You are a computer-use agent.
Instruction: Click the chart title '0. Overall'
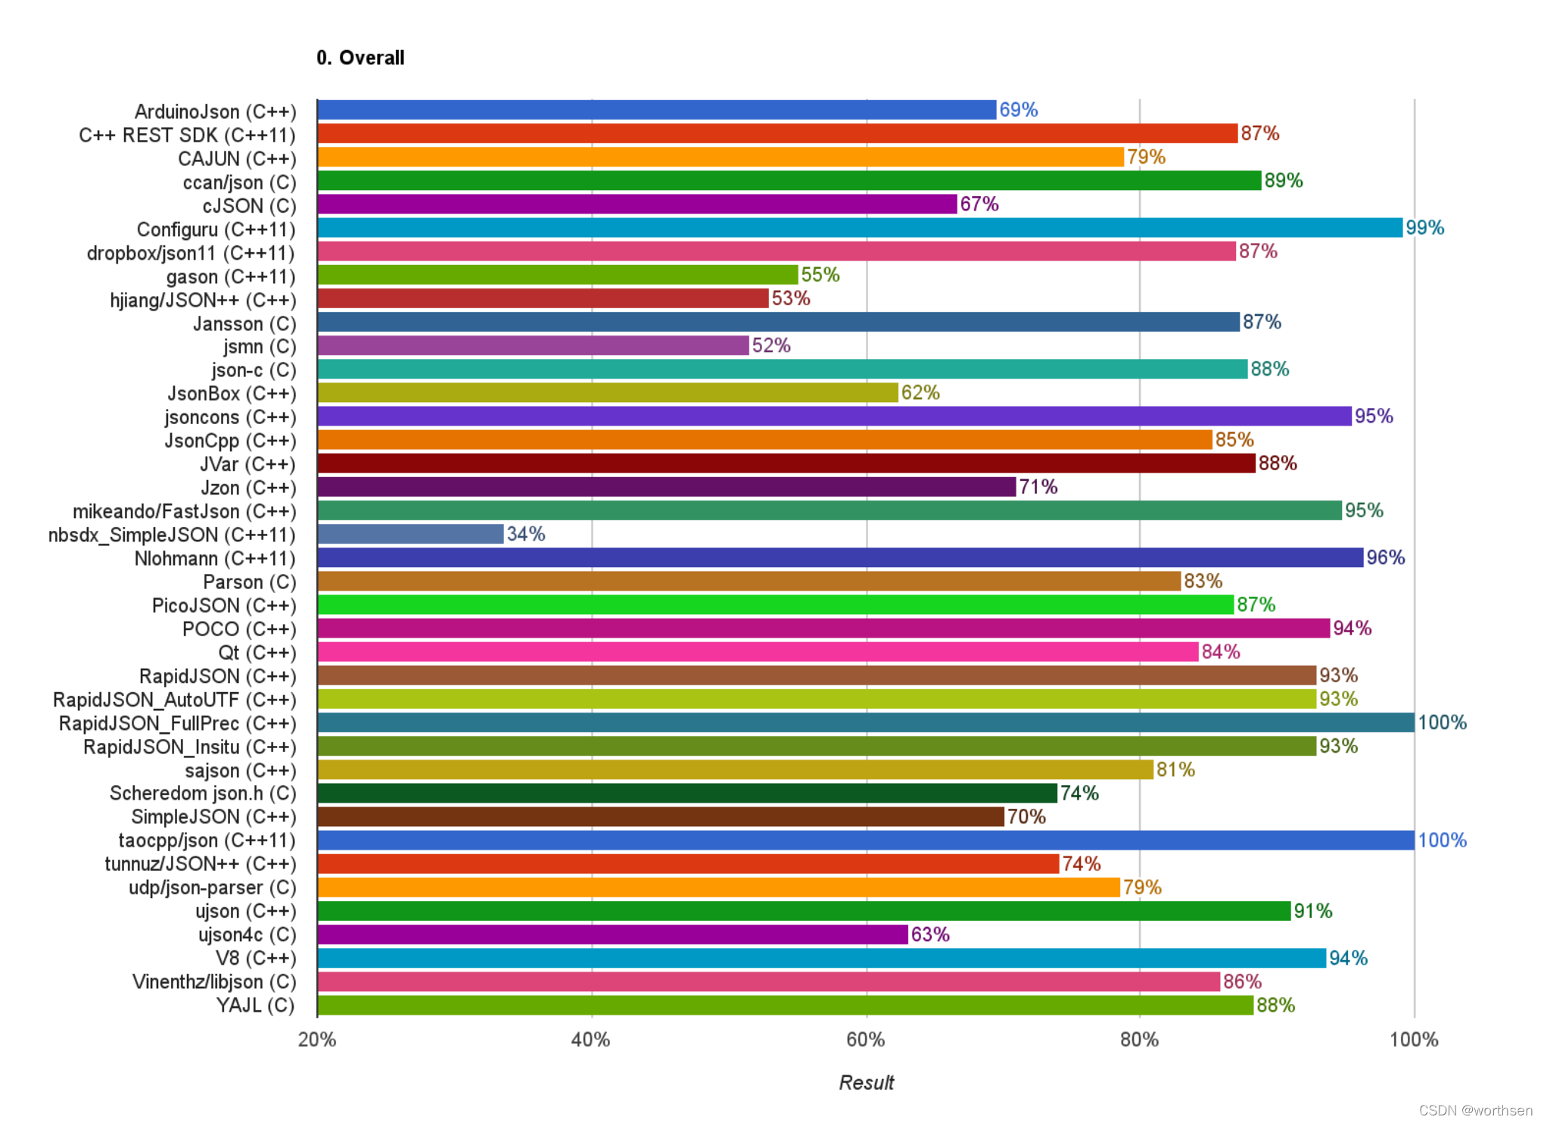360,58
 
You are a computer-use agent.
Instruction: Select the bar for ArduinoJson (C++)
656,110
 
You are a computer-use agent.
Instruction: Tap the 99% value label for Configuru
1424,227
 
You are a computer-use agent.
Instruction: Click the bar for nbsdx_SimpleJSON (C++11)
410,534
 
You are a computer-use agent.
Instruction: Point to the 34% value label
526,534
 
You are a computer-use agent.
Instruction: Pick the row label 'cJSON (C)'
249,206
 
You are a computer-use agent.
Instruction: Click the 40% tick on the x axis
590,1039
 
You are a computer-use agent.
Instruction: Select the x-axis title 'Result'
866,1082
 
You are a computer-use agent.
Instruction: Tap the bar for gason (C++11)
558,275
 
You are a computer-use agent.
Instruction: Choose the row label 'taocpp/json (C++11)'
207,841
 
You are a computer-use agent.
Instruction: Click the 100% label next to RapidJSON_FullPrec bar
1442,722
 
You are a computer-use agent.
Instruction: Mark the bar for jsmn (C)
533,345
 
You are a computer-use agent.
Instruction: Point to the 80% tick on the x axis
1139,1039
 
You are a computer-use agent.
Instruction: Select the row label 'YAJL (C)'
255,1005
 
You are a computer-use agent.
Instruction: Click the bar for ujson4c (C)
612,934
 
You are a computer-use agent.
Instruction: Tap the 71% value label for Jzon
1038,487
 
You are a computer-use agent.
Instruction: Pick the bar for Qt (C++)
758,652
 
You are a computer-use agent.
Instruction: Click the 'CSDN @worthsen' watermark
1475,1110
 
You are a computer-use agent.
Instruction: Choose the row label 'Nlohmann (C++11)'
215,558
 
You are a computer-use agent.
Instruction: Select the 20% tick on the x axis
316,1039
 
